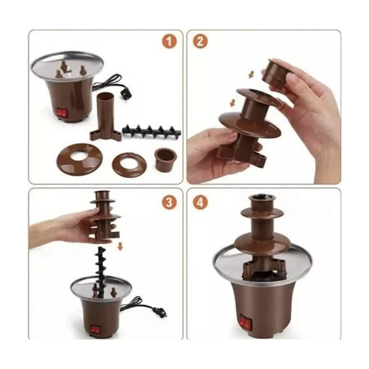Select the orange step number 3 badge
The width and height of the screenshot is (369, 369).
pos(169,202)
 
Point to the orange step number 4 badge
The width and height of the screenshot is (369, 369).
pos(200,202)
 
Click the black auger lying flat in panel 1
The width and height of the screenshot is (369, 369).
pos(152,131)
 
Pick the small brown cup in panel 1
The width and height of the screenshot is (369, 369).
pos(165,160)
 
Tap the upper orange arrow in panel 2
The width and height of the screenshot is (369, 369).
pos(251,75)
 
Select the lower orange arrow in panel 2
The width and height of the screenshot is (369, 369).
pos(233,103)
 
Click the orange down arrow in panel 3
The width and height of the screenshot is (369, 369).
pos(120,246)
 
